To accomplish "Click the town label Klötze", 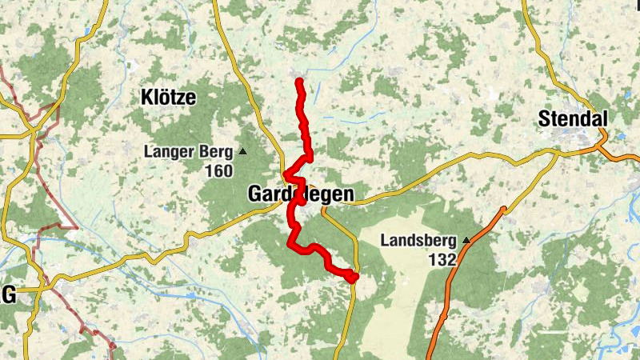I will pyautogui.click(x=168, y=98).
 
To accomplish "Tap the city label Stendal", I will pyautogui.click(x=573, y=119).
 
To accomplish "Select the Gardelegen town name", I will pyautogui.click(x=300, y=194).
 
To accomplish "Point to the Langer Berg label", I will pyautogui.click(x=188, y=151).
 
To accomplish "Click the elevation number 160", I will pyautogui.click(x=218, y=171).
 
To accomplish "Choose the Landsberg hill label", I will pyautogui.click(x=418, y=240).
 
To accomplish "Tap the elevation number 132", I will pyautogui.click(x=442, y=259).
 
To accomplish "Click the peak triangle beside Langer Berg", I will pyautogui.click(x=243, y=151).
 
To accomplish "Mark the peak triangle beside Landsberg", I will pyautogui.click(x=466, y=239).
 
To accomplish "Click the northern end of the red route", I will pyautogui.click(x=299, y=81).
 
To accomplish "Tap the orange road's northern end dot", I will pyautogui.click(x=503, y=210).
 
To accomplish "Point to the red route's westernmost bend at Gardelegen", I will pyautogui.click(x=286, y=177).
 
